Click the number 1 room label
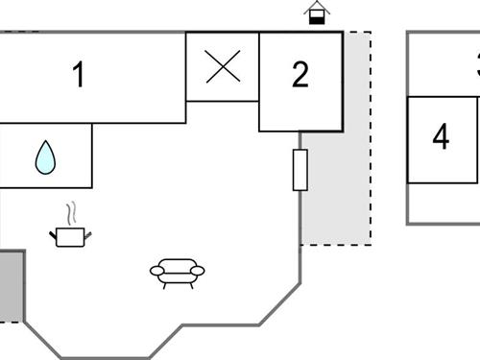(79, 75)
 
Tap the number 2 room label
(300, 75)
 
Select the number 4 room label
(441, 137)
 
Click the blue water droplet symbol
(45, 157)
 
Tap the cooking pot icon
(69, 236)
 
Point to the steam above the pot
(69, 212)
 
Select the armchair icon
(178, 273)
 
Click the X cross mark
(223, 67)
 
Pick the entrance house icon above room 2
(317, 13)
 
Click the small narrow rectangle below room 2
(300, 170)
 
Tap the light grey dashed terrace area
(336, 192)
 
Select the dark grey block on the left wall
(11, 286)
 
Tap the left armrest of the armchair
(156, 272)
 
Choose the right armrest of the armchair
(199, 272)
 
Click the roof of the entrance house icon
(317, 7)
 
